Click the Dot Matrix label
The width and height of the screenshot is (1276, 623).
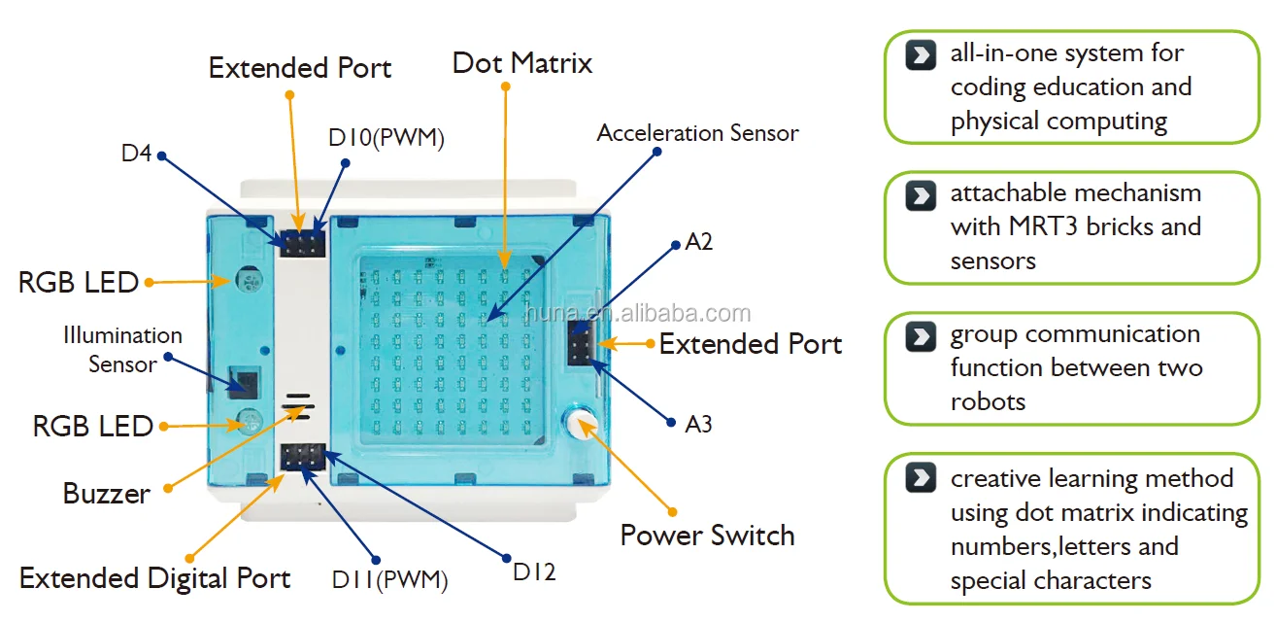tap(521, 64)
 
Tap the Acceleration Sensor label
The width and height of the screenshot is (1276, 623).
tap(697, 133)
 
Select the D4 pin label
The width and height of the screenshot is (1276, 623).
tap(136, 154)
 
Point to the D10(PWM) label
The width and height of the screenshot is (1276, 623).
tap(386, 138)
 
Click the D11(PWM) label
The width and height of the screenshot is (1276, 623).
tap(389, 581)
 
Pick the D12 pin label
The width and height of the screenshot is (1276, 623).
tap(534, 571)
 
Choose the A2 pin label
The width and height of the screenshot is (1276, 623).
tap(699, 241)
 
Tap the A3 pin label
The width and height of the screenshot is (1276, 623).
tap(698, 424)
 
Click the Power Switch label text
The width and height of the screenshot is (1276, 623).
tap(707, 536)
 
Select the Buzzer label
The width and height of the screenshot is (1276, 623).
tap(106, 494)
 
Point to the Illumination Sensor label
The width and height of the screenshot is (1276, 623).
tap(122, 350)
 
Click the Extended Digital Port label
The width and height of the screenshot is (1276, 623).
tap(154, 578)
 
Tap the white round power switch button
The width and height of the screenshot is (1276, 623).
tap(580, 421)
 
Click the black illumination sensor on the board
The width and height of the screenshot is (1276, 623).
tap(243, 382)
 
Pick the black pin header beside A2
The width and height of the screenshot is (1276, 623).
tap(582, 343)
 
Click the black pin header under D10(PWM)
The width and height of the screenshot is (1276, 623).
tap(302, 242)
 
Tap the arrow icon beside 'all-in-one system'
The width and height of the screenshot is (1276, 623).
tap(920, 54)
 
